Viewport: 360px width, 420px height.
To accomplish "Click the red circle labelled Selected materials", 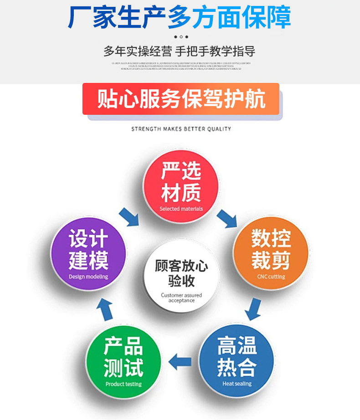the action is point(181,187).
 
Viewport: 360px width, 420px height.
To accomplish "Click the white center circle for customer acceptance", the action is point(181,277).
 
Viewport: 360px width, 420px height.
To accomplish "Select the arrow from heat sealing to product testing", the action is point(180,363).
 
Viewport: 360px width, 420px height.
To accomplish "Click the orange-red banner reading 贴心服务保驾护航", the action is point(181,99).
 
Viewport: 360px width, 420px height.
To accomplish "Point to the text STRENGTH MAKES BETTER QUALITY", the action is point(181,129).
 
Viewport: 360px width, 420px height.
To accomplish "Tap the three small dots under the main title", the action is point(181,36).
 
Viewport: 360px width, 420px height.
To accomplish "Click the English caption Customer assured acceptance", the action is point(181,298).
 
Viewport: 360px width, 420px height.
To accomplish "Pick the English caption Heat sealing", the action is point(237,384).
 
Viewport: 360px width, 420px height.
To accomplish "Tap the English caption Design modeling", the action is point(88,277).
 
